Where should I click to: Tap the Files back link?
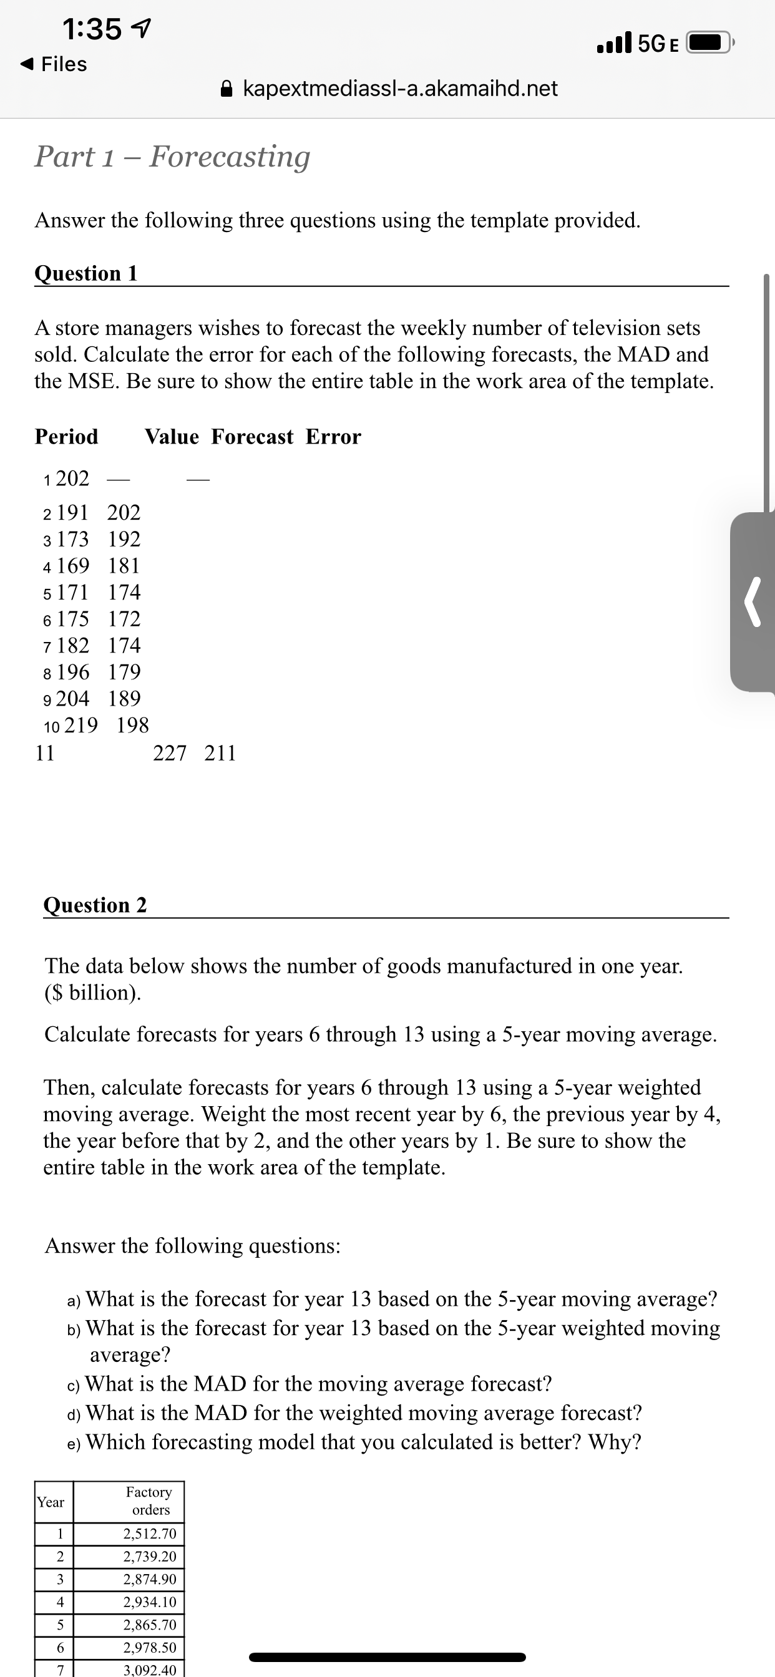coord(55,64)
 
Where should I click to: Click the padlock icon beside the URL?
coord(226,88)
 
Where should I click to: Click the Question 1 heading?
coord(86,273)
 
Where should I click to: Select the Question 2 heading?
coord(95,904)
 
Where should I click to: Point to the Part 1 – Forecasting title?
coord(173,156)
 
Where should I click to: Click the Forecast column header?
coord(253,436)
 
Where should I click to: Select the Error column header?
coord(333,436)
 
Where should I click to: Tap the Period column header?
coord(66,436)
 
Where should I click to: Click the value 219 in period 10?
coord(81,724)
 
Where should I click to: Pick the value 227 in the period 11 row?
coord(169,752)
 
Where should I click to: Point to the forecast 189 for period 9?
coord(124,698)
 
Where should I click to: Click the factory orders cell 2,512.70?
coord(150,1533)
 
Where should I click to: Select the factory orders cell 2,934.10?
coord(150,1602)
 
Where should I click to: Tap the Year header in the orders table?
coord(51,1502)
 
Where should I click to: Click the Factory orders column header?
coord(149,1500)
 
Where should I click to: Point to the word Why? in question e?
coord(615,1441)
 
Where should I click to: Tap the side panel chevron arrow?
coord(754,602)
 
